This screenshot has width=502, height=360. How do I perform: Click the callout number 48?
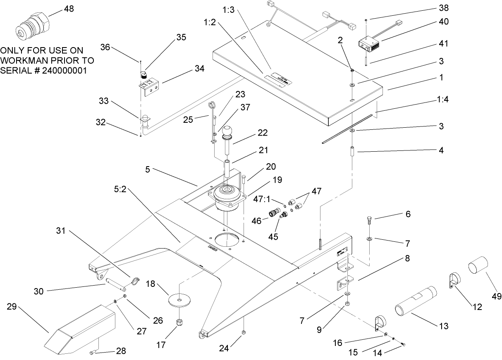click(69, 9)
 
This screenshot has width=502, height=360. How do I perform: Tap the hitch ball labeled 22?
click(228, 133)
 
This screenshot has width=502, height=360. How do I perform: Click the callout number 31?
click(61, 231)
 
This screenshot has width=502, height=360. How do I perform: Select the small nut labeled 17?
click(180, 322)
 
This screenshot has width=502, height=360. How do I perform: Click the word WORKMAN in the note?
click(25, 60)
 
